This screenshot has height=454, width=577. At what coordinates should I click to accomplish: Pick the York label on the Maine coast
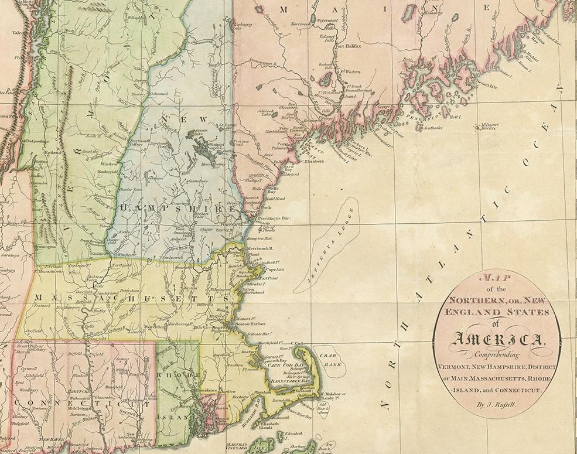(x=266, y=207)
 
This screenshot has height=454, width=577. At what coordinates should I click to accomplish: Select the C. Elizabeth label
(x=310, y=162)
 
